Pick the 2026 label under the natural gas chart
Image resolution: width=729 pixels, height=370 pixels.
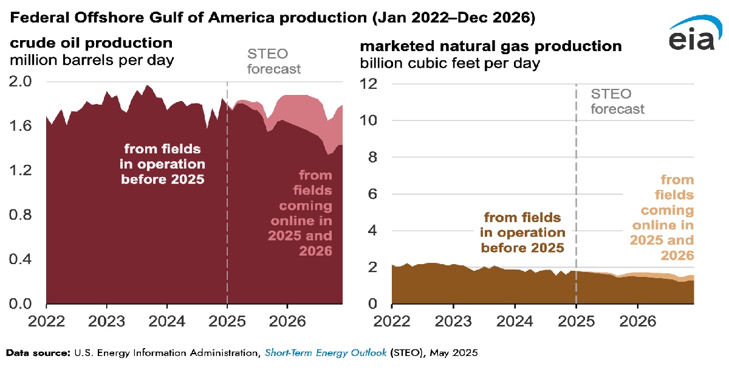click(x=638, y=319)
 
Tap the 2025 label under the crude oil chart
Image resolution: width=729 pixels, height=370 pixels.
click(x=227, y=319)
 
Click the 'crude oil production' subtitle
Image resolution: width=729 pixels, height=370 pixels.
click(x=90, y=43)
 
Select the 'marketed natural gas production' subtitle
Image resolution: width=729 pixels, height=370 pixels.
click(x=491, y=46)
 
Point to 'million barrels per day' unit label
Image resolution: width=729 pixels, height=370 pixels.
click(x=91, y=60)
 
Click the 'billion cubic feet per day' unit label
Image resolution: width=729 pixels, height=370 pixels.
click(x=450, y=63)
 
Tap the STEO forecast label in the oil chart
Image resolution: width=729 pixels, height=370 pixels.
click(x=273, y=61)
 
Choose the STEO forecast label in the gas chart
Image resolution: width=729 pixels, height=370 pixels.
click(x=617, y=102)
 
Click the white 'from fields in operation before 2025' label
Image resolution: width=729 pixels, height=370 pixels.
click(x=165, y=164)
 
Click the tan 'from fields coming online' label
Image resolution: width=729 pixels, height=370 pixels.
click(x=668, y=217)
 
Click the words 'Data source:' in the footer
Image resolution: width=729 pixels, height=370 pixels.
click(x=36, y=352)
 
